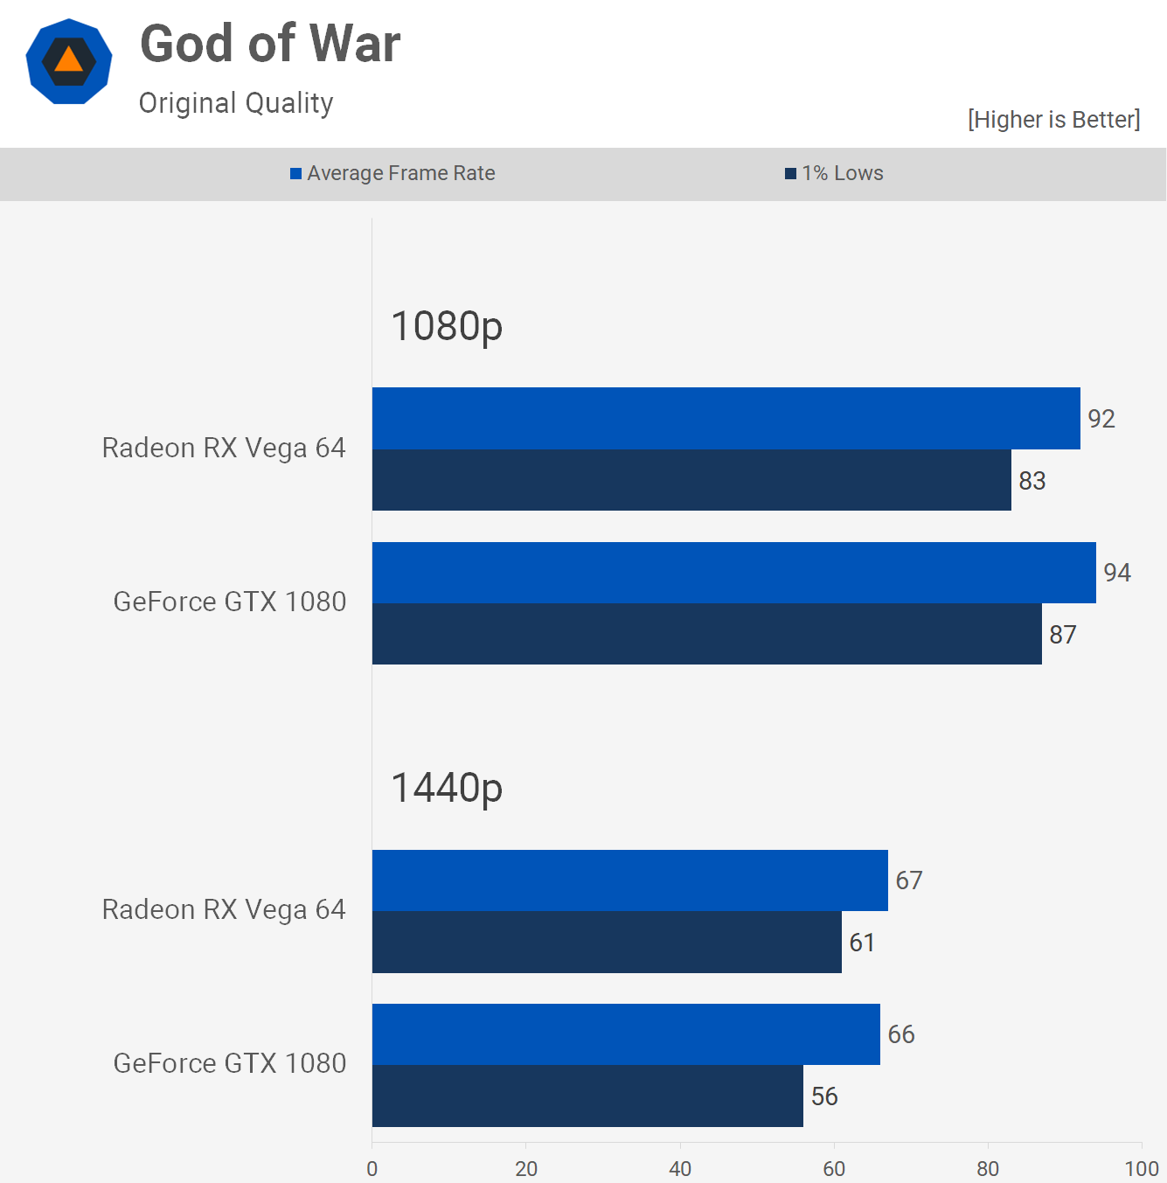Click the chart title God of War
tap(270, 44)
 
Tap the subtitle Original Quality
tap(236, 103)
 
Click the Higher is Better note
tap(1053, 120)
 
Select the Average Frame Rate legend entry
tap(392, 173)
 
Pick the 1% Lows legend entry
tap(834, 173)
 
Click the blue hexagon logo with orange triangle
tap(69, 61)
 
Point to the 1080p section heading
tap(447, 326)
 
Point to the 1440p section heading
tap(447, 788)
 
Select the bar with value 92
tap(726, 418)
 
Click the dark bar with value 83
tap(691, 480)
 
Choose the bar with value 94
tap(733, 573)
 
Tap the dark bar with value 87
tap(706, 634)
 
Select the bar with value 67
tap(629, 880)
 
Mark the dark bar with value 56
tap(587, 1096)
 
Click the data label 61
tap(862, 943)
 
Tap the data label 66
tap(901, 1034)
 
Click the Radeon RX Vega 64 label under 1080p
tap(224, 448)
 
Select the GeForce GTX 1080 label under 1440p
tap(230, 1063)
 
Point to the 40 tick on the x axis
tap(680, 1169)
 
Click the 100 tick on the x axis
tap(1142, 1169)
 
